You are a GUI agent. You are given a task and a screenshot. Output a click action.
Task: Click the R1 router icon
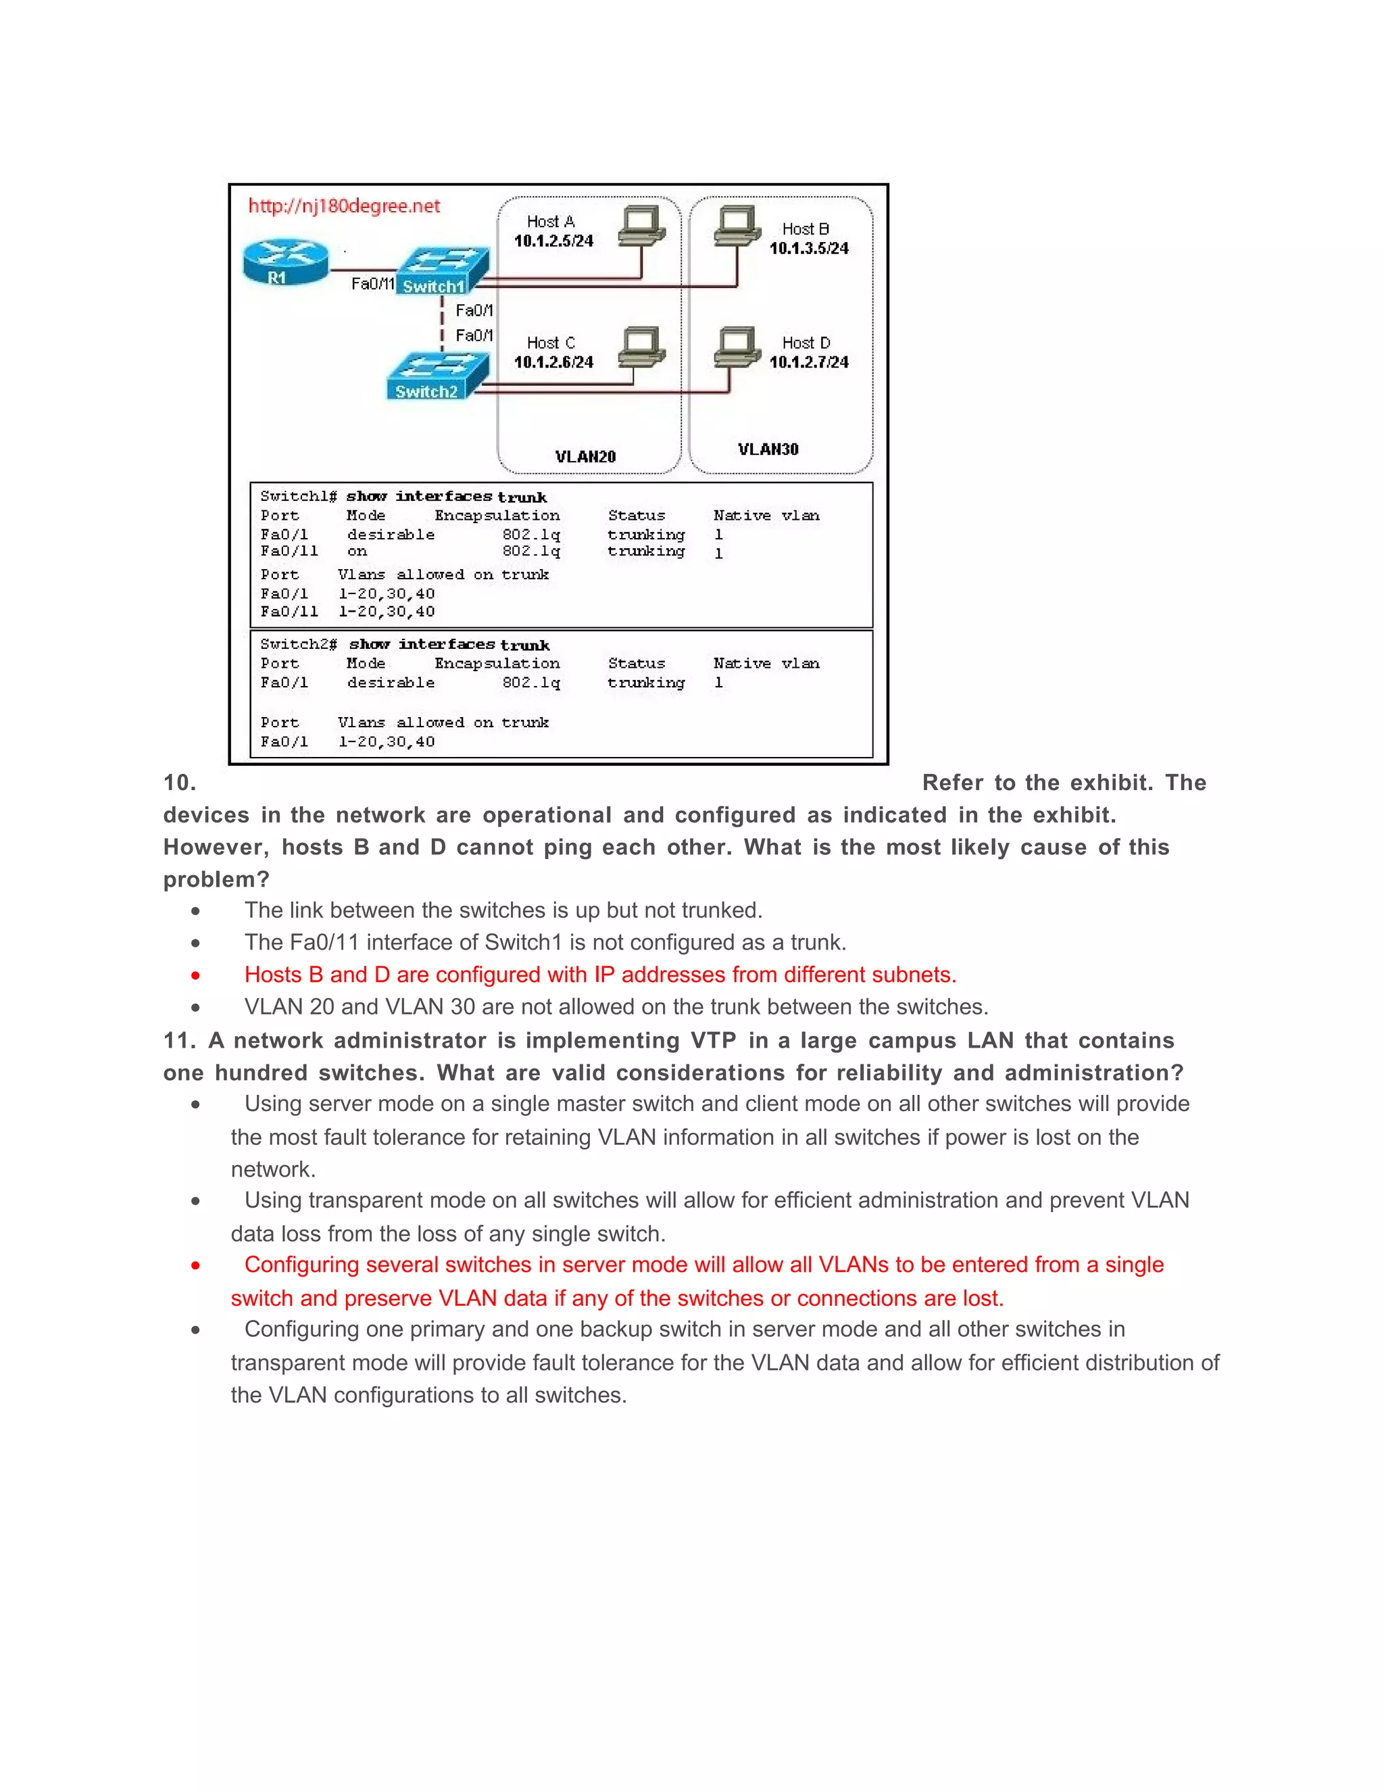tap(285, 262)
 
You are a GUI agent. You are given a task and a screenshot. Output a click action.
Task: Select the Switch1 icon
tap(443, 270)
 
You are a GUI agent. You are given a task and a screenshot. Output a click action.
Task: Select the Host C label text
tap(550, 343)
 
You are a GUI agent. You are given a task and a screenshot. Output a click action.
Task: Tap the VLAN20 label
tap(585, 457)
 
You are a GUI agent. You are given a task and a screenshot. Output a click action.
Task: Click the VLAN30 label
tap(768, 449)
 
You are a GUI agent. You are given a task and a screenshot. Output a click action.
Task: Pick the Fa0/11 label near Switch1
tap(372, 284)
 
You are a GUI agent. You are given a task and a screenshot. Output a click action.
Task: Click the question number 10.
tap(180, 783)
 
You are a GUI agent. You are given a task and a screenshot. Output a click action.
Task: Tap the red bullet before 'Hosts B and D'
tap(195, 975)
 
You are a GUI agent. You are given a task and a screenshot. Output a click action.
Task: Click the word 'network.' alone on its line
tap(273, 1169)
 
